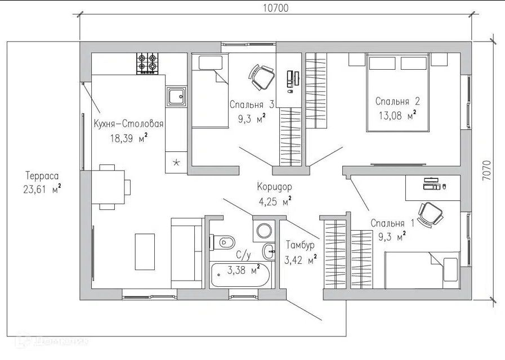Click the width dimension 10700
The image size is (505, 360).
[276, 8]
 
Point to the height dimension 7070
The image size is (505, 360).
[488, 170]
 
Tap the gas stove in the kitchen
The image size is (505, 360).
[148, 64]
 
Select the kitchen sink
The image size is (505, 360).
[176, 97]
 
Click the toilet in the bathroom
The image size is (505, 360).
[222, 242]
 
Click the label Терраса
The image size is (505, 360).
[42, 176]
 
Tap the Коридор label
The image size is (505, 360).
[274, 187]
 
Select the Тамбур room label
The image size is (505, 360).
[300, 245]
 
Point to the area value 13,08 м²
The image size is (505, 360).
[397, 115]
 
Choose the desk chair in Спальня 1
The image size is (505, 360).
[430, 214]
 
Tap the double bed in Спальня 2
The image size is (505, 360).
[398, 93]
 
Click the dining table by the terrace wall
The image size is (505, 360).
[108, 187]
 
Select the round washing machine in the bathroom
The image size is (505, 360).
[264, 231]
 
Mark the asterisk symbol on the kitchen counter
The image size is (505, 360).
[176, 162]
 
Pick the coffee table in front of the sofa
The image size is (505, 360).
[145, 251]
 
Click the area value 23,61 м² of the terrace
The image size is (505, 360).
[42, 189]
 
